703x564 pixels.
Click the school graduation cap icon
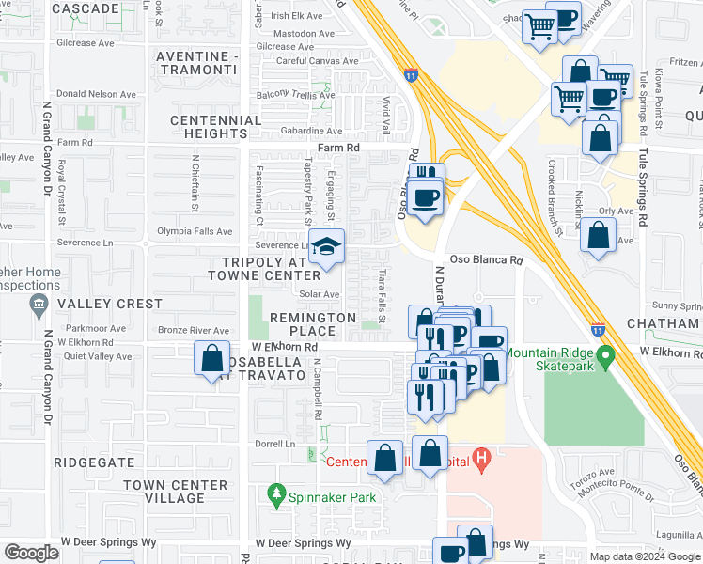(x=326, y=247)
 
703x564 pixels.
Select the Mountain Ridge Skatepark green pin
(x=606, y=357)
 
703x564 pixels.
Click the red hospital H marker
(x=482, y=461)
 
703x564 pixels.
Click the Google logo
(x=31, y=552)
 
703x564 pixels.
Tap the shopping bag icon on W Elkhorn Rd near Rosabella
(x=211, y=358)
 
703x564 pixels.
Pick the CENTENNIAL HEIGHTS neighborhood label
(x=216, y=127)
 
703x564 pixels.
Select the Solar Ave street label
(x=319, y=294)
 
